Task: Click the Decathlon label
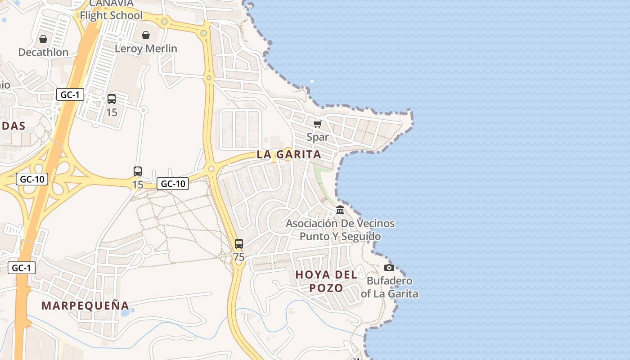pos(43,52)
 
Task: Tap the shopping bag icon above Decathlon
pos(43,40)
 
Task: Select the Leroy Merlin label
pos(146,48)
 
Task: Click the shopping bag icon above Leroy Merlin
pos(146,35)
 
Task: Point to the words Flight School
pos(111,15)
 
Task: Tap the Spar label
pos(318,137)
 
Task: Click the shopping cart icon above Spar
pos(318,124)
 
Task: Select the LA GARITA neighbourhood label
pos(289,154)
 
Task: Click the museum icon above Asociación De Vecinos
pos(340,210)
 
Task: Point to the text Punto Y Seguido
pos(340,236)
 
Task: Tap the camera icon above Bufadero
pos(389,268)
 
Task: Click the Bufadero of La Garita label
pos(389,287)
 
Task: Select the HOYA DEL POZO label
pos(326,281)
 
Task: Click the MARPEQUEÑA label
pos(85,306)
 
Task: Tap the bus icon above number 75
pos(239,244)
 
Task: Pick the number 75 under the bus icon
pos(239,257)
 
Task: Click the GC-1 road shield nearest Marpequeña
pos(21,268)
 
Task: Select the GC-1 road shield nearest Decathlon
pos(70,94)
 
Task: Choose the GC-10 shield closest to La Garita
pos(173,184)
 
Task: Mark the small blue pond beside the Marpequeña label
pos(125,311)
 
